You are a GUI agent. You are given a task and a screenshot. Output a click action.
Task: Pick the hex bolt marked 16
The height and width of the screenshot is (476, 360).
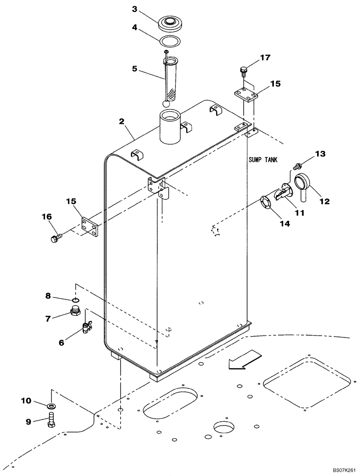[x=55, y=237]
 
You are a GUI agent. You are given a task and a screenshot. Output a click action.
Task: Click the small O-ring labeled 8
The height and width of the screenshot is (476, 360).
[x=76, y=300]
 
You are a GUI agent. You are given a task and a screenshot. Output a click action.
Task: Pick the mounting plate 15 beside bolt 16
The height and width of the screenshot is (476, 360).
[x=90, y=227]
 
